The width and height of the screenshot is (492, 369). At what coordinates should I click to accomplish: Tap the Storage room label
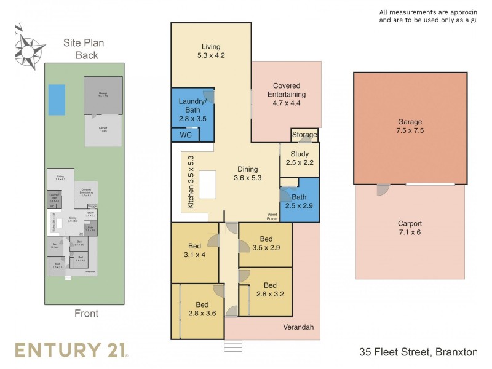pyautogui.click(x=304, y=135)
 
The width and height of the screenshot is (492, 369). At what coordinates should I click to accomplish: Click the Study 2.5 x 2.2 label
pyautogui.click(x=299, y=159)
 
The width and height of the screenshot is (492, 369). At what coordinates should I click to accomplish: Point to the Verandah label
pyautogui.click(x=299, y=327)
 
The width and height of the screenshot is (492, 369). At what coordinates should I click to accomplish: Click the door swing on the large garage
pyautogui.click(x=383, y=190)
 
